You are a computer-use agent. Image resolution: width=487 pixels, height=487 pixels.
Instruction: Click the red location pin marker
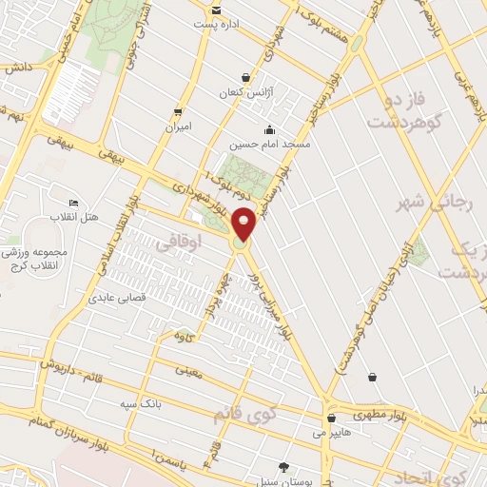tap(243, 223)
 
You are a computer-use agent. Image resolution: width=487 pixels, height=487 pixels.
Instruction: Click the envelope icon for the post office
tap(216, 10)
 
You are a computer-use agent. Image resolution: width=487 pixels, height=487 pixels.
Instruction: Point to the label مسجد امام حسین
tap(269, 145)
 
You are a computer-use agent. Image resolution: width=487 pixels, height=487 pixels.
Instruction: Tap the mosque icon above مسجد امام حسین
tap(270, 130)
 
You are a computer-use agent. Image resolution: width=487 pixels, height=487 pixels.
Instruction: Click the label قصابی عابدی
tap(113, 298)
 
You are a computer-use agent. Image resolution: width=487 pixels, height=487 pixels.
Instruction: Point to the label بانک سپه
tap(138, 404)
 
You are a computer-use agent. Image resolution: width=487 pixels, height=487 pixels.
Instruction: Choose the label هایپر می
tap(331, 433)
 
